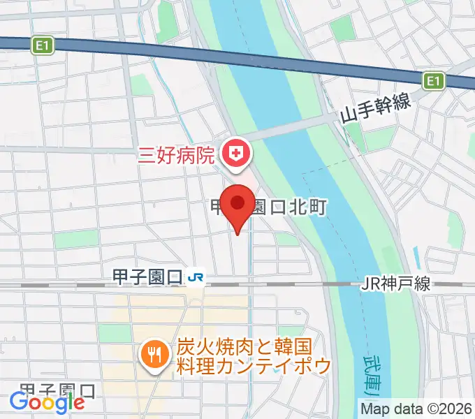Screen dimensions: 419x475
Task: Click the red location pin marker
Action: [x=239, y=204]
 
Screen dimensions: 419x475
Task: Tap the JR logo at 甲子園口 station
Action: [x=196, y=278]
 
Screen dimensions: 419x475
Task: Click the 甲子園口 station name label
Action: [x=147, y=278]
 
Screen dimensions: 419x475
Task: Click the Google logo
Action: [x=47, y=402]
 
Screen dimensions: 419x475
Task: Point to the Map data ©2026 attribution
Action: [x=417, y=408]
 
